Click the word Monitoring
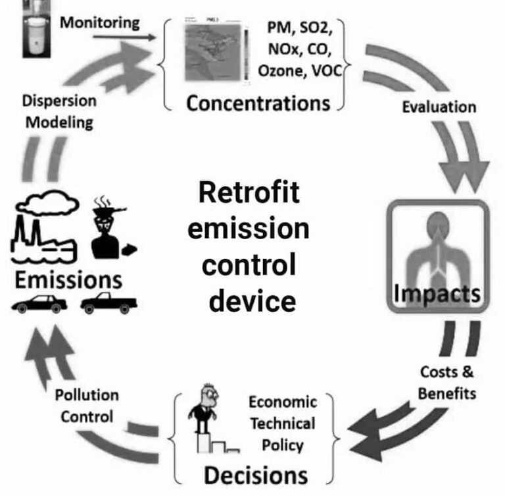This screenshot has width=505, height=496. point(100,22)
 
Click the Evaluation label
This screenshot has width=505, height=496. point(439,107)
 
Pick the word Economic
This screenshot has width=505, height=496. point(282,402)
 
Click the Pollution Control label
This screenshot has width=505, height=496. point(86,406)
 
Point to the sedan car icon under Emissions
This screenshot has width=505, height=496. point(39,304)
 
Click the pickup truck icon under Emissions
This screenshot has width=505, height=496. point(109,304)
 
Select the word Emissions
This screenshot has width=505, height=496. point(68,278)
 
